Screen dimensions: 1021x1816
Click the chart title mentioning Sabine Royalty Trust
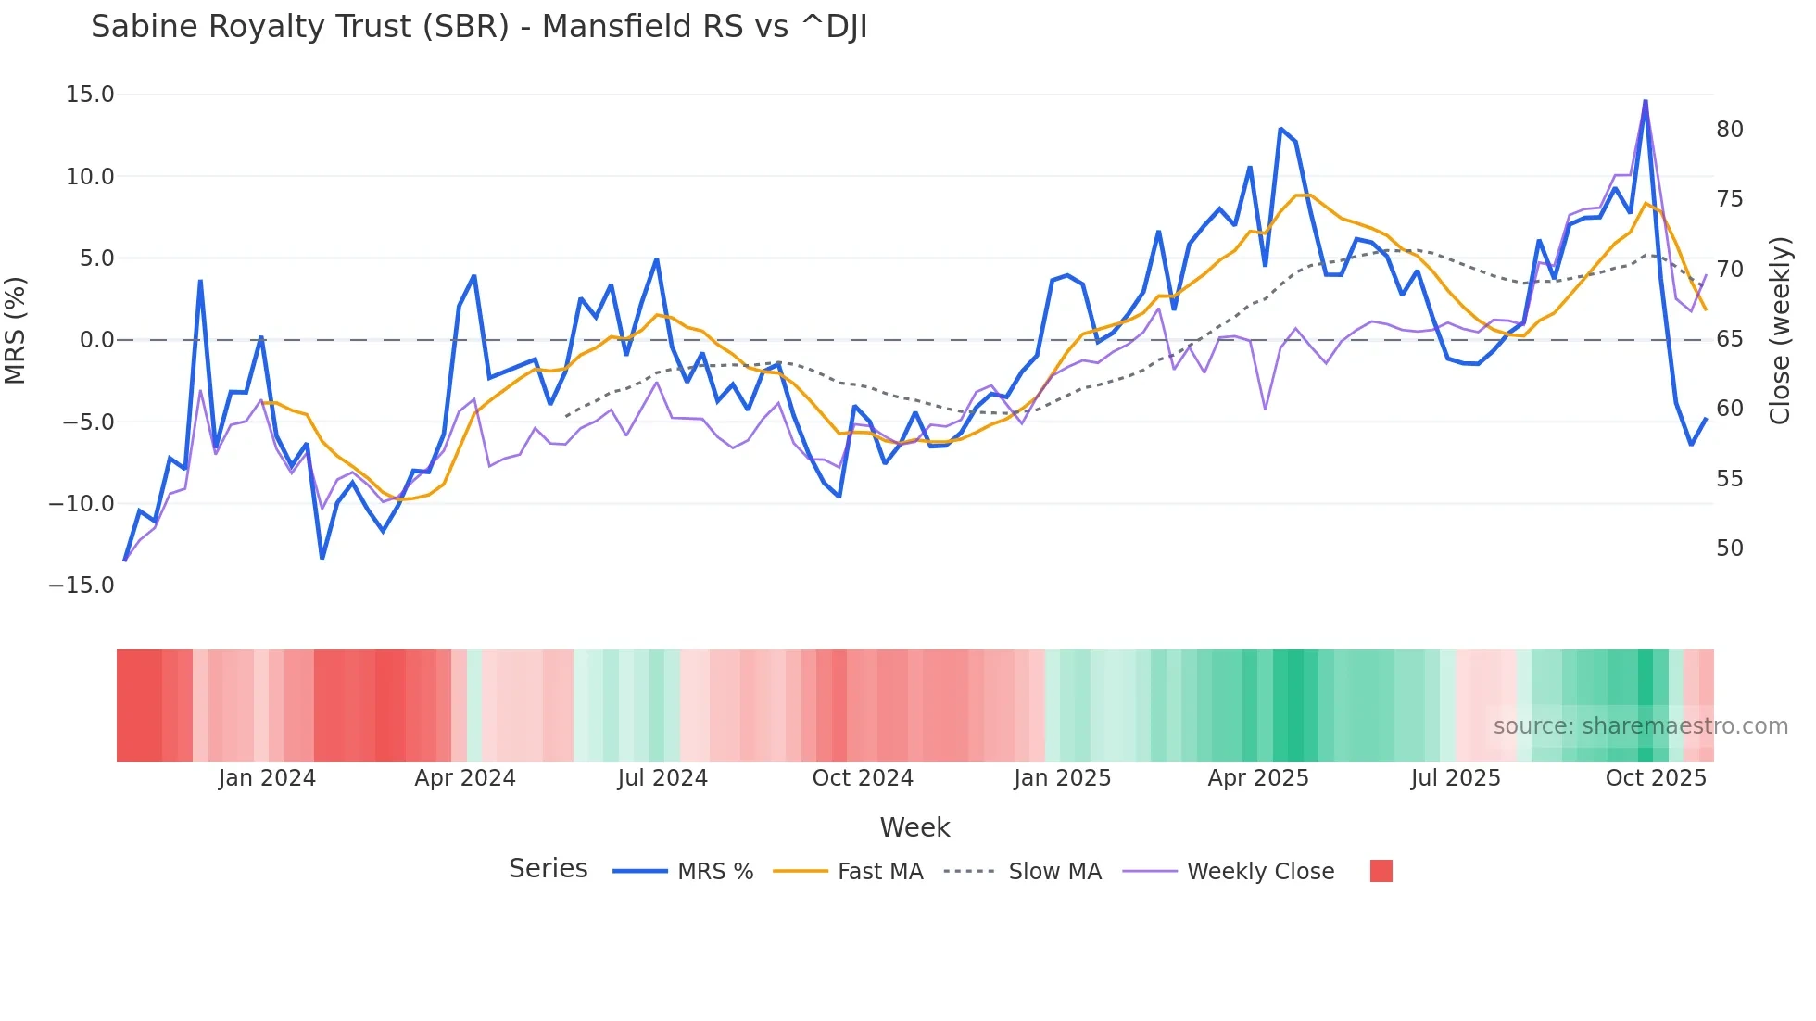point(479,27)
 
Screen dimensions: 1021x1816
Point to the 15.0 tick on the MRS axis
point(90,95)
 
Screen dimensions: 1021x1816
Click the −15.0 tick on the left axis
point(82,586)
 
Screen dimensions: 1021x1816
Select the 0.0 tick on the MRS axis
point(96,340)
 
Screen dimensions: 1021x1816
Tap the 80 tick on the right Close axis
point(1729,130)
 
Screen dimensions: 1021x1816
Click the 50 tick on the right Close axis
point(1729,548)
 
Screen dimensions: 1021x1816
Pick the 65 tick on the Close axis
point(1729,339)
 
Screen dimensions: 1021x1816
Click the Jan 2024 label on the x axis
point(267,778)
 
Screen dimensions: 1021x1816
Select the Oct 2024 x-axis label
point(863,778)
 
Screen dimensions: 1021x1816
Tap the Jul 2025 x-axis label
point(1456,778)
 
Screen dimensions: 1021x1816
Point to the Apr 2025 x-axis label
point(1257,778)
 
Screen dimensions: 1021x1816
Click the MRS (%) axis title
point(16,331)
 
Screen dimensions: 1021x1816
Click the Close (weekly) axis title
point(1780,331)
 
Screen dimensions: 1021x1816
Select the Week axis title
point(914,827)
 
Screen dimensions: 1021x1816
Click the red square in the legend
point(1381,871)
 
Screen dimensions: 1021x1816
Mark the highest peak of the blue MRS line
point(1646,101)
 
